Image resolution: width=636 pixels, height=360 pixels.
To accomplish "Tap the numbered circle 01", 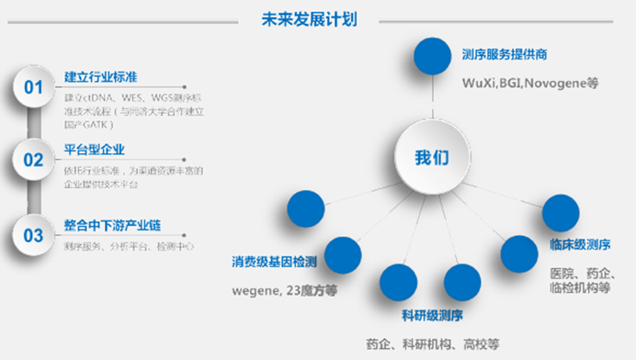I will [x=34, y=87].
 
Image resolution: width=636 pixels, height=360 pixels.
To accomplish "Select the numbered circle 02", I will [x=34, y=161].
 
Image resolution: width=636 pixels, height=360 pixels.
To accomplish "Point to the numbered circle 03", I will [x=34, y=235].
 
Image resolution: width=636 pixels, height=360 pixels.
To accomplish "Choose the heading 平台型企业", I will [x=95, y=150].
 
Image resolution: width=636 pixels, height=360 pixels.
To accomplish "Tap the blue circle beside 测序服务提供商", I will [x=432, y=57].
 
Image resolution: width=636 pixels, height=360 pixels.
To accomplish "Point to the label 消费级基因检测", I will [x=274, y=263].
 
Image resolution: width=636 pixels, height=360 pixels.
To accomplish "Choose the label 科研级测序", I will [x=432, y=315].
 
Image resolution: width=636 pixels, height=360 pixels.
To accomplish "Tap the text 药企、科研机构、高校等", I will [x=432, y=343].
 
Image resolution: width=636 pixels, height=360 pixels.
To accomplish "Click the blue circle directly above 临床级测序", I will [x=560, y=213].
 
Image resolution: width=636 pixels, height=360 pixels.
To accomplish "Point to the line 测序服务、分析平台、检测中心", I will [x=130, y=246].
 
